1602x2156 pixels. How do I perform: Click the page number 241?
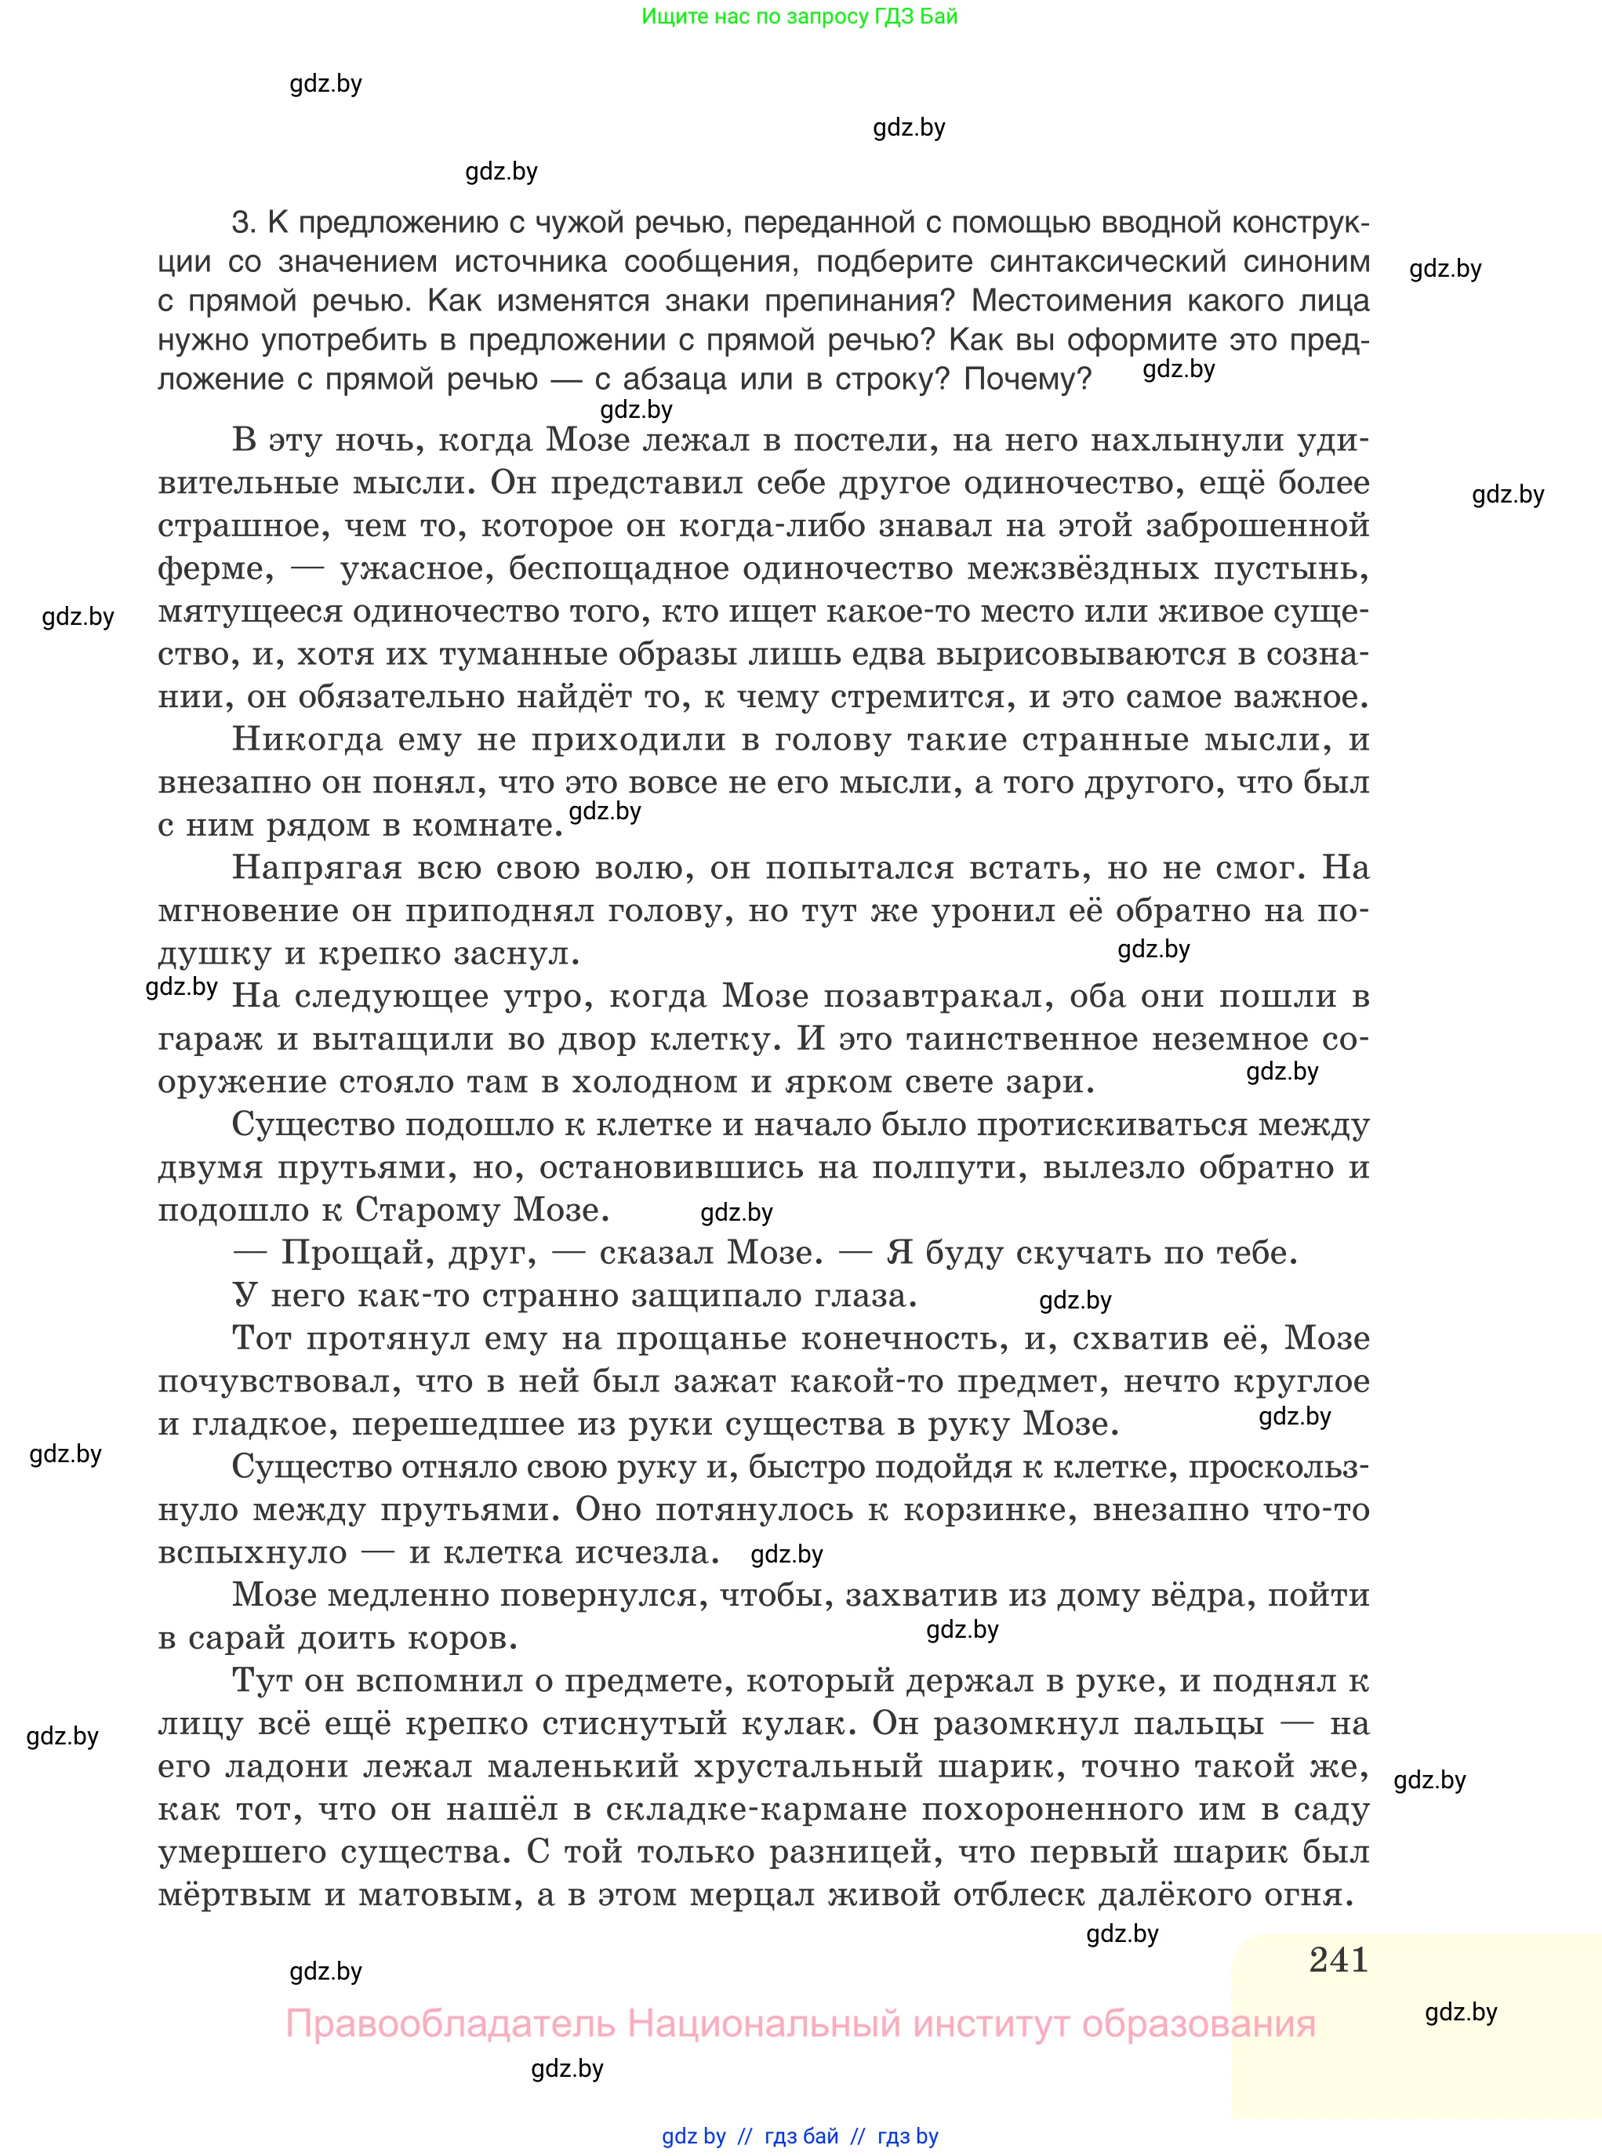pyautogui.click(x=1339, y=1959)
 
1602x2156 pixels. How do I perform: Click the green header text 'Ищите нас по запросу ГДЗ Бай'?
pyautogui.click(x=799, y=16)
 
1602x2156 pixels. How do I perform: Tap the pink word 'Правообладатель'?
pyautogui.click(x=450, y=2024)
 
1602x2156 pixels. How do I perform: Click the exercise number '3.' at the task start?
pyautogui.click(x=243, y=223)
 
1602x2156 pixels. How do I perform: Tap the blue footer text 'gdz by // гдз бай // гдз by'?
pyautogui.click(x=800, y=2136)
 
